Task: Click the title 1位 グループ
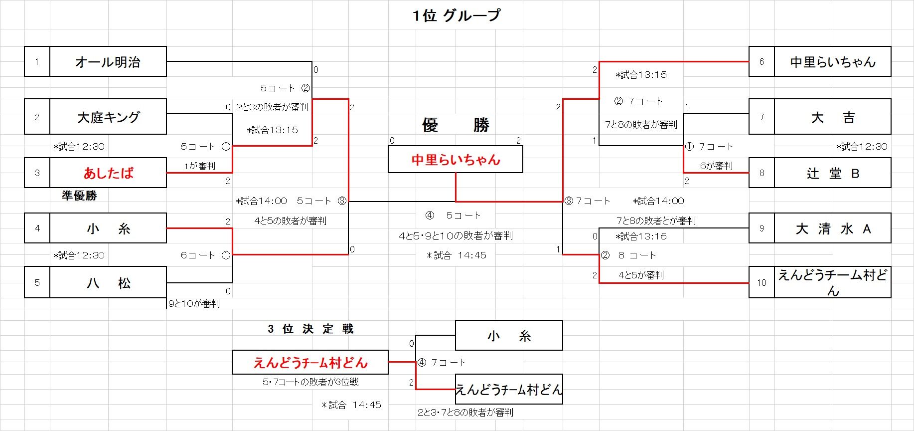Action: [x=456, y=15]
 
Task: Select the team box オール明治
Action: [x=108, y=62]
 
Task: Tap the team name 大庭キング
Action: [x=108, y=117]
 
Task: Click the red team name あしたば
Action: [x=108, y=173]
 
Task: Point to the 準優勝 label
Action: [x=79, y=196]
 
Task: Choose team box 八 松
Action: [x=108, y=283]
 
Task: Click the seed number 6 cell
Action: [x=762, y=62]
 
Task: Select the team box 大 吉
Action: [x=832, y=117]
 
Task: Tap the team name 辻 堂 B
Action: [x=832, y=173]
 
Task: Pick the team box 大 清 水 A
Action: [x=832, y=228]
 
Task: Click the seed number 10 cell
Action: [x=762, y=283]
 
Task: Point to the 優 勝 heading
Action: [x=456, y=125]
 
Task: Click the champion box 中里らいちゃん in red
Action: [x=456, y=160]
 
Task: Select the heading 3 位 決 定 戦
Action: [x=310, y=329]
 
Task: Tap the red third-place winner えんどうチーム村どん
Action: [x=310, y=363]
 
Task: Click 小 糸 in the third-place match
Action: [x=509, y=336]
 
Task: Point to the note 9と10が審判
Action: [x=194, y=303]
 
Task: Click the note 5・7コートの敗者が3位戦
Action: [x=310, y=382]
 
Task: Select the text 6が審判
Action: [x=716, y=166]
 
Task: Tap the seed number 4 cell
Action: [x=37, y=228]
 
